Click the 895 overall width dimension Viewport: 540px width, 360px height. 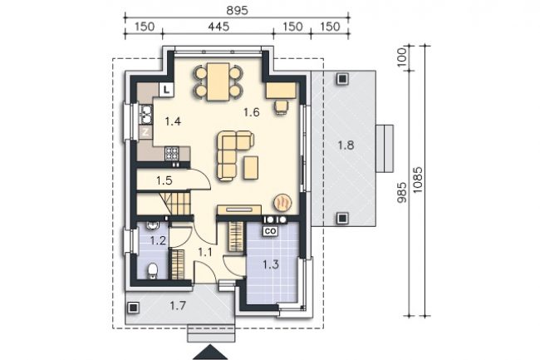coord(237,10)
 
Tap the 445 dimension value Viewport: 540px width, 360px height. coord(218,27)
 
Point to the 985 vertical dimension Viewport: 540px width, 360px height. coord(402,193)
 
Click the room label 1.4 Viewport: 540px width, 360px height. coord(173,121)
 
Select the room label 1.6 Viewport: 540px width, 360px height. coord(251,112)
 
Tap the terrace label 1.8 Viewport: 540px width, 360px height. coord(346,145)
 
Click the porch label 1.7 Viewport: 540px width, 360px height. coord(178,305)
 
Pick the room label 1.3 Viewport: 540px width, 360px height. coord(271,264)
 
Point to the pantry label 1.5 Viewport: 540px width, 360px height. coord(164,180)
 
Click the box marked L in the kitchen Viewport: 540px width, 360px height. coord(167,90)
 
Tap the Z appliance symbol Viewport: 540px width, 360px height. coord(145,132)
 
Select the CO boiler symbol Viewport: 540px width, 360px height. coord(271,231)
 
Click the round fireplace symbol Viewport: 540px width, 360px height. coord(282,201)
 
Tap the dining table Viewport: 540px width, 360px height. coord(218,81)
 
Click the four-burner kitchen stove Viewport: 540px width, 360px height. coord(172,153)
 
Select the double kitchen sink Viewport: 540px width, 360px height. coord(146,115)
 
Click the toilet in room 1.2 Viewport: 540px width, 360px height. coord(152,271)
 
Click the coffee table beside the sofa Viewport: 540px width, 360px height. coord(251,167)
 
